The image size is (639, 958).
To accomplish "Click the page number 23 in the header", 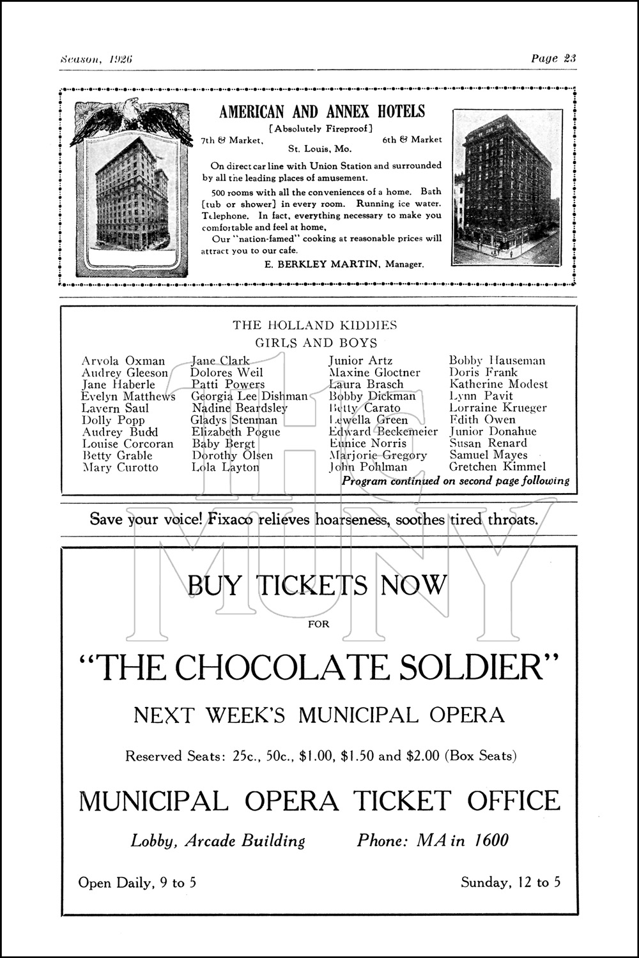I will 570,58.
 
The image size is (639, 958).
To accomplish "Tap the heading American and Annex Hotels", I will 321,112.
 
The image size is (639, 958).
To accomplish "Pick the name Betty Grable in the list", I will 118,455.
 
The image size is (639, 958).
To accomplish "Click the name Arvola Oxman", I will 123,361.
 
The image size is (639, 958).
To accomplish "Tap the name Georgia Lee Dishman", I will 249,396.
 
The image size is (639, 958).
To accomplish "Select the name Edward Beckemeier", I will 383,432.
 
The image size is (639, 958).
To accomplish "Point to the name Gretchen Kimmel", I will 497,467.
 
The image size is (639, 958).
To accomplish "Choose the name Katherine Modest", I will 498,384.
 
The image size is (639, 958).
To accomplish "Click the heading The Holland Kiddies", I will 314,325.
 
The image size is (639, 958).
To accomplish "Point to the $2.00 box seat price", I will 421,756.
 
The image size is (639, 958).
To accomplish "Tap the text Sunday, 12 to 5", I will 511,883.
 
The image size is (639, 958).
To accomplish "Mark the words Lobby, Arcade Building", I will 218,840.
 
